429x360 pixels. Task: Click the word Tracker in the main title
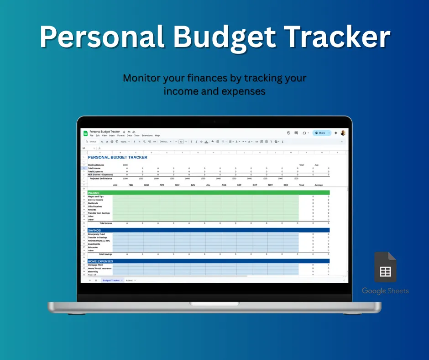pyautogui.click(x=337, y=37)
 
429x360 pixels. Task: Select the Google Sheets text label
pyautogui.click(x=385, y=291)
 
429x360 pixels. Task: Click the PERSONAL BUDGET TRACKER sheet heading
pyautogui.click(x=117, y=157)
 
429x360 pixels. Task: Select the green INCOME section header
pyautogui.click(x=94, y=193)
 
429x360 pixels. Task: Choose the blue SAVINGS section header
pyautogui.click(x=94, y=230)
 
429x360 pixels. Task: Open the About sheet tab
pyautogui.click(x=129, y=280)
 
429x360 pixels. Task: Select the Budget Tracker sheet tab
pyautogui.click(x=111, y=280)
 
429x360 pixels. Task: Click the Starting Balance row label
pyautogui.click(x=97, y=165)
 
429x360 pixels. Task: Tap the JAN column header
pyautogui.click(x=115, y=185)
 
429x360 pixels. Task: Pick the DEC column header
pyautogui.click(x=286, y=185)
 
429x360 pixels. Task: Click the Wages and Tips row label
pyautogui.click(x=96, y=196)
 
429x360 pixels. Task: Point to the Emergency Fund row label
pyautogui.click(x=96, y=234)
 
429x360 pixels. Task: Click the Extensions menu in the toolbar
pyautogui.click(x=147, y=136)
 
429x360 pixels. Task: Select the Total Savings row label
pyautogui.click(x=105, y=254)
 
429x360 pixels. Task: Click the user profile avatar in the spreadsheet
pyautogui.click(x=343, y=133)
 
